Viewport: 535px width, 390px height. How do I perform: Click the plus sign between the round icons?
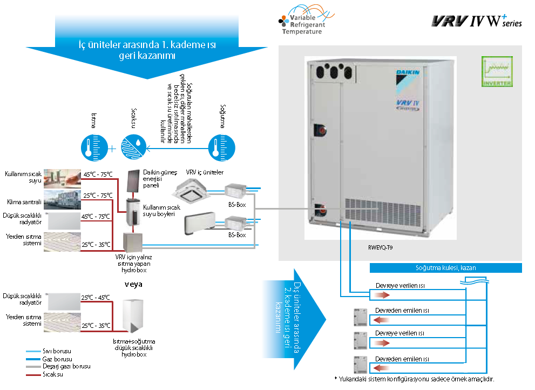pos(112,147)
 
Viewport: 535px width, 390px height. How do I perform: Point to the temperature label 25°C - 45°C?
pos(95,298)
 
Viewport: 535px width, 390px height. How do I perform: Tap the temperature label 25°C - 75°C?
pos(97,196)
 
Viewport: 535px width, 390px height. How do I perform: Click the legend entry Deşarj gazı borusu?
pos(62,366)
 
